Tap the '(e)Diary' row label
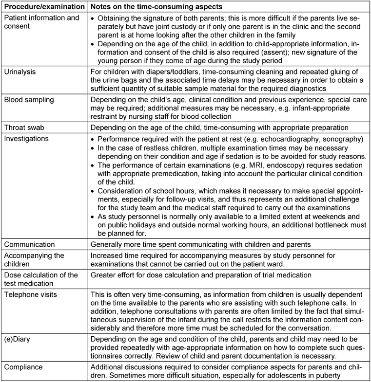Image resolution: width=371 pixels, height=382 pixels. [x=20, y=335]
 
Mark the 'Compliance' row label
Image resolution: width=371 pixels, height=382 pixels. [x=25, y=362]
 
